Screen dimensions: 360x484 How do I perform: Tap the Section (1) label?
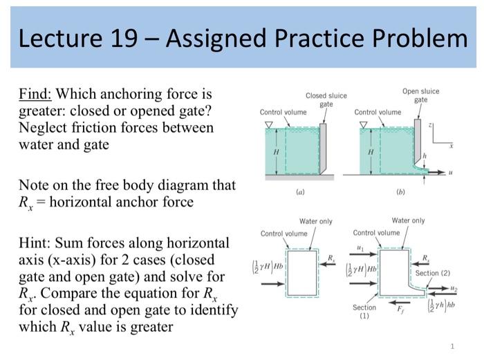(x=364, y=311)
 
